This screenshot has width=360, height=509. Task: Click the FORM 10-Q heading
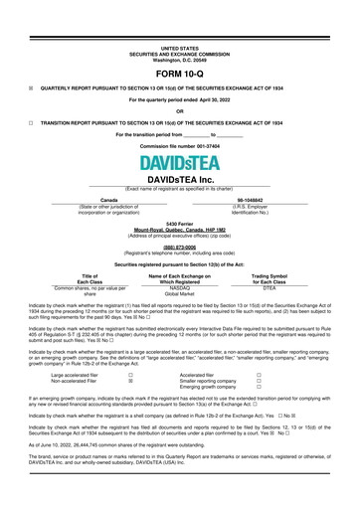click(180, 75)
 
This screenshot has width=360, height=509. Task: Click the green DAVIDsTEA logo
click(179, 162)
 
